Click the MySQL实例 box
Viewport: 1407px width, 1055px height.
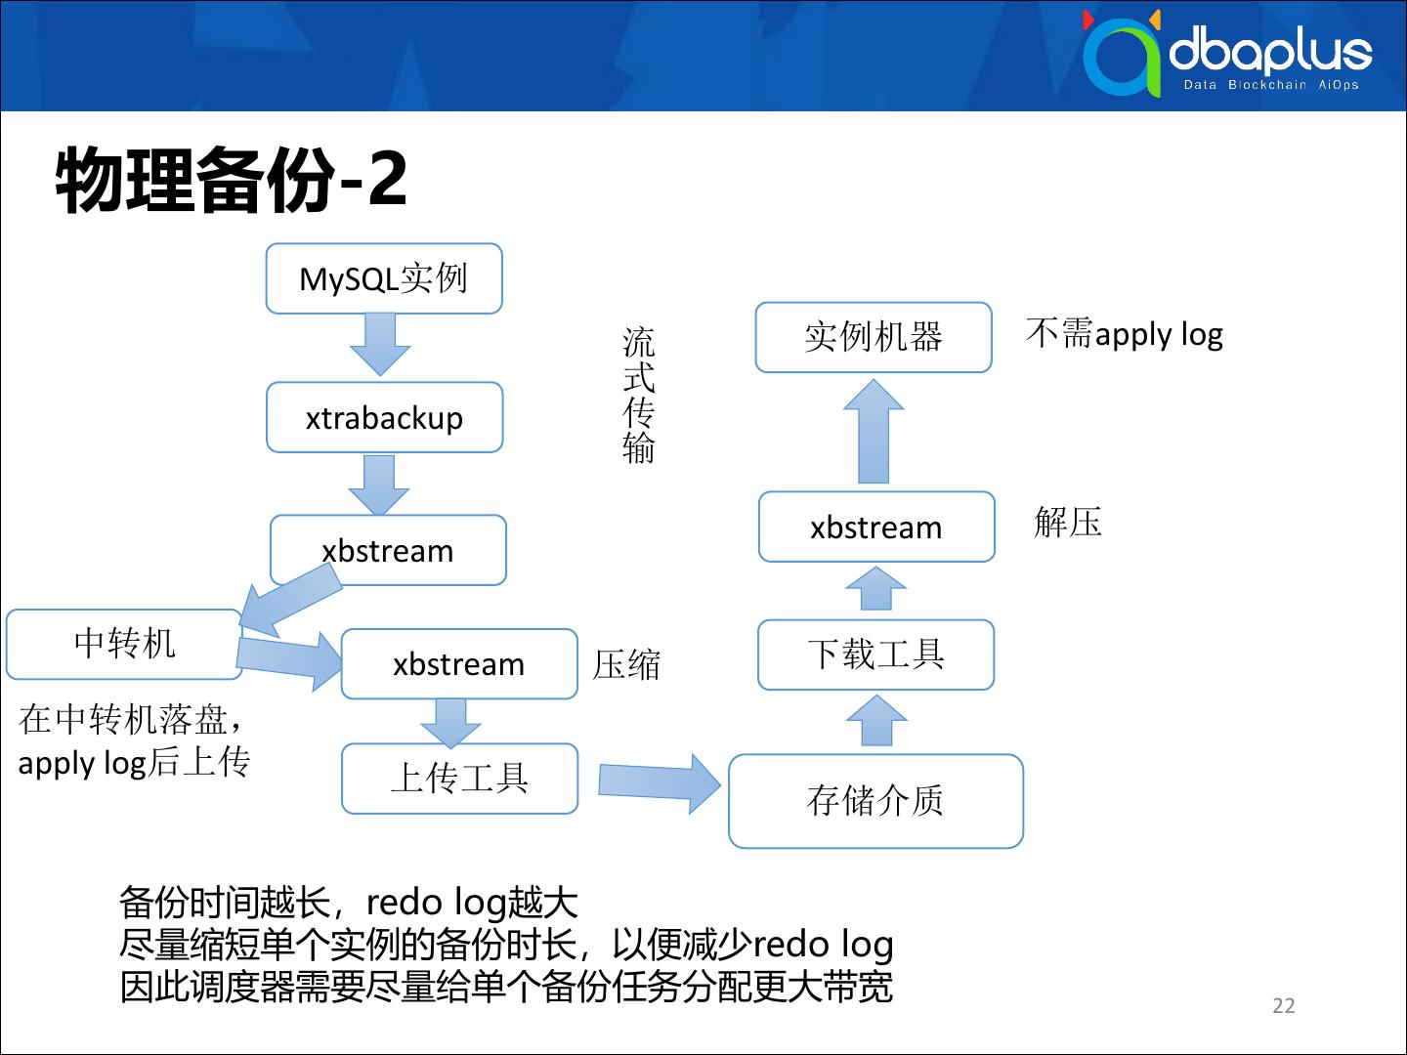[x=384, y=279]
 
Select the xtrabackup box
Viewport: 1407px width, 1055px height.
[x=384, y=418]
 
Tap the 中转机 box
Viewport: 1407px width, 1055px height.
[x=124, y=644]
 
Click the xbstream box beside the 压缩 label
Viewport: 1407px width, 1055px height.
[x=459, y=664]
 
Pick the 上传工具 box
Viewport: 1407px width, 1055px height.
[x=459, y=779]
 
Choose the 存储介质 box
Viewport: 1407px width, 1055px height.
[x=875, y=801]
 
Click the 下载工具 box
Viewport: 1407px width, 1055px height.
[x=875, y=654]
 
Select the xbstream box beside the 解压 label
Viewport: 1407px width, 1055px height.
[x=876, y=527]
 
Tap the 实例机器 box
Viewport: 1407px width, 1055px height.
[x=874, y=337]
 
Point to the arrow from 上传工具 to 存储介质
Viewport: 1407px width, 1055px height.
[x=660, y=782]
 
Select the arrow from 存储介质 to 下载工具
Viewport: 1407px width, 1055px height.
[x=876, y=721]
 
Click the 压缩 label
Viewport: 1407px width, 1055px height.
[x=627, y=665]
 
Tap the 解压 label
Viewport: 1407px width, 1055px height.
[x=1068, y=523]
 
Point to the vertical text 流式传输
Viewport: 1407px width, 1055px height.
[x=639, y=395]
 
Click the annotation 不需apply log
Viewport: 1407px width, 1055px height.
[x=1124, y=334]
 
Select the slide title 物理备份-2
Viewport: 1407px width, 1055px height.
[x=232, y=180]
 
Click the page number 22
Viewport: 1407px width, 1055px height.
[x=1284, y=1006]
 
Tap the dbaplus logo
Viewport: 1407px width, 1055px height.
[x=1227, y=54]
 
